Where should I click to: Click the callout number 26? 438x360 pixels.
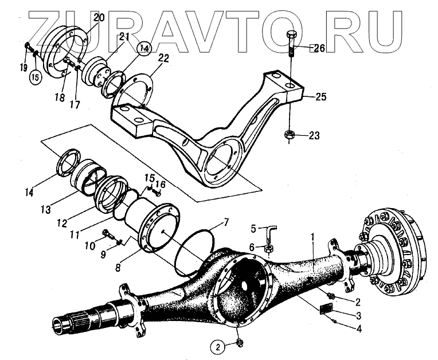coord(318,48)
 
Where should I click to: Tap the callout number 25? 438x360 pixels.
coord(321,97)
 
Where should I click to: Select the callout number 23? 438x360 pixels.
coord(314,136)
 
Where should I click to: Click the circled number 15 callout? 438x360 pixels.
coord(36,76)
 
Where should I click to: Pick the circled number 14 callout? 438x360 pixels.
coord(143,49)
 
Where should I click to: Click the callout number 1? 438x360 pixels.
coord(312,236)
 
